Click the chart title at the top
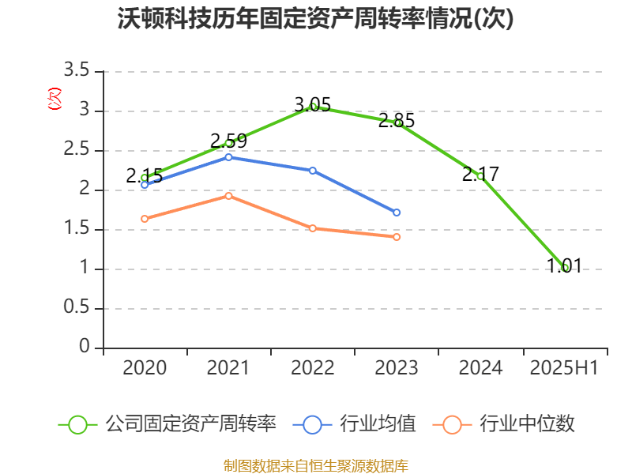[x=315, y=19]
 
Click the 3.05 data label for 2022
[x=312, y=105]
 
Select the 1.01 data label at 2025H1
[x=564, y=266]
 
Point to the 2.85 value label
[x=396, y=121]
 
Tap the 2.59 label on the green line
[x=228, y=141]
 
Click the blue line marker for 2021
[x=228, y=157]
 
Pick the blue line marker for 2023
[x=397, y=213]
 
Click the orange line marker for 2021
[x=228, y=196]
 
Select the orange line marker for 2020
[x=145, y=219]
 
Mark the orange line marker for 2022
[x=313, y=228]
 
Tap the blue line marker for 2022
[x=313, y=171]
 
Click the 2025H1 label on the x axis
[x=564, y=368]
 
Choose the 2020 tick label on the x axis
[x=145, y=368]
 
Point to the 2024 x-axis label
[x=480, y=368]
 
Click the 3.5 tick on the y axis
[x=78, y=72]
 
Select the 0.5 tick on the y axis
[x=78, y=309]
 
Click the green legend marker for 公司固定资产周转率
[x=77, y=424]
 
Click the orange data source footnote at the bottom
[x=315, y=465]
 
